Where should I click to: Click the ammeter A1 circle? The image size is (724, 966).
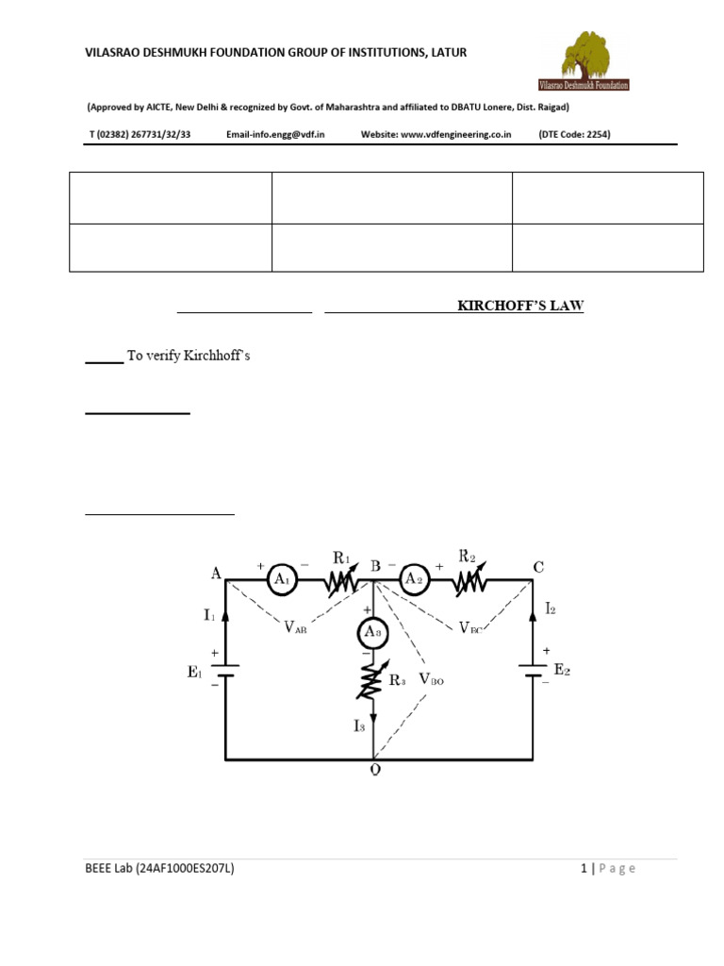[x=281, y=580]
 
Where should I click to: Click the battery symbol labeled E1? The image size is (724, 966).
[x=225, y=672]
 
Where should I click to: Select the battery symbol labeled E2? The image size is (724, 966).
[x=533, y=672]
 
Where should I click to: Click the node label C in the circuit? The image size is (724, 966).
[x=538, y=567]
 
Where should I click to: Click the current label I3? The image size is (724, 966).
[x=359, y=725]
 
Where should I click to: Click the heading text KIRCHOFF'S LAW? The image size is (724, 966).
[x=520, y=307]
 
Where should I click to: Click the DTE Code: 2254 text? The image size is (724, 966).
[x=574, y=134]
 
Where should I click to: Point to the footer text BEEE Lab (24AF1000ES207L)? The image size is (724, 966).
[x=159, y=869]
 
